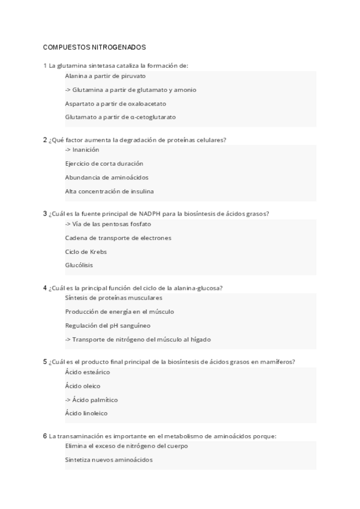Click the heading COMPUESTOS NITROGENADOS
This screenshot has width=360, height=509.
point(94,46)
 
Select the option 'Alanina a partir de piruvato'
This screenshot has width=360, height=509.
point(105,76)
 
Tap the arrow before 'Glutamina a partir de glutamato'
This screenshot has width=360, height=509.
point(68,90)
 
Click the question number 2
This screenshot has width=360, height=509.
point(45,140)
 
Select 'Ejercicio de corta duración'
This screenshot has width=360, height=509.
point(104,163)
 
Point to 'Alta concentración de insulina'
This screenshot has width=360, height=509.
point(109,191)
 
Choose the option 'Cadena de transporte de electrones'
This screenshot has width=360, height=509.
point(118,238)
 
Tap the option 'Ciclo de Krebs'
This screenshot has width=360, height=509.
point(86,251)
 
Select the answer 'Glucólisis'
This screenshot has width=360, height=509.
point(79,265)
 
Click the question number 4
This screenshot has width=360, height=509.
point(45,288)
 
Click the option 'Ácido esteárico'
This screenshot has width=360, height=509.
point(87,372)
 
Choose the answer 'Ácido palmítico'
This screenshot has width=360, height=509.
point(94,399)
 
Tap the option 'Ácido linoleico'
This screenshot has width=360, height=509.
point(86,413)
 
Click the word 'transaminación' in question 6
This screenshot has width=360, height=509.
point(79,436)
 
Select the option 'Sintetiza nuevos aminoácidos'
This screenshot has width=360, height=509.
point(109,459)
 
